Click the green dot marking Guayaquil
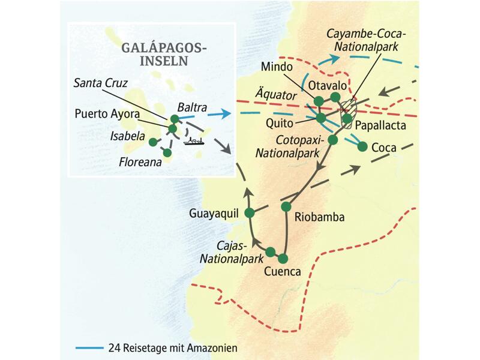point(251,213)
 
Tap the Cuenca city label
point(281,271)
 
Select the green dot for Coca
point(362,146)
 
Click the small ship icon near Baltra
point(194,142)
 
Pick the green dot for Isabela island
point(152,142)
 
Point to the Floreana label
point(139,161)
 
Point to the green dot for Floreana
point(167,153)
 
